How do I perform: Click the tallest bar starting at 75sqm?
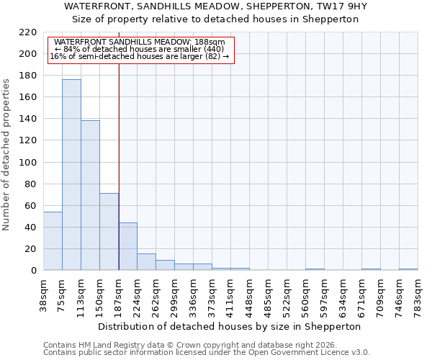click(71, 175)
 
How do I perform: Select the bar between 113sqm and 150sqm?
click(90, 195)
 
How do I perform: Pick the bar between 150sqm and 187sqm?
click(109, 232)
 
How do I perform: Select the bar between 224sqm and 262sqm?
click(146, 262)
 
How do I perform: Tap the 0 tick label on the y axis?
click(33, 271)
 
